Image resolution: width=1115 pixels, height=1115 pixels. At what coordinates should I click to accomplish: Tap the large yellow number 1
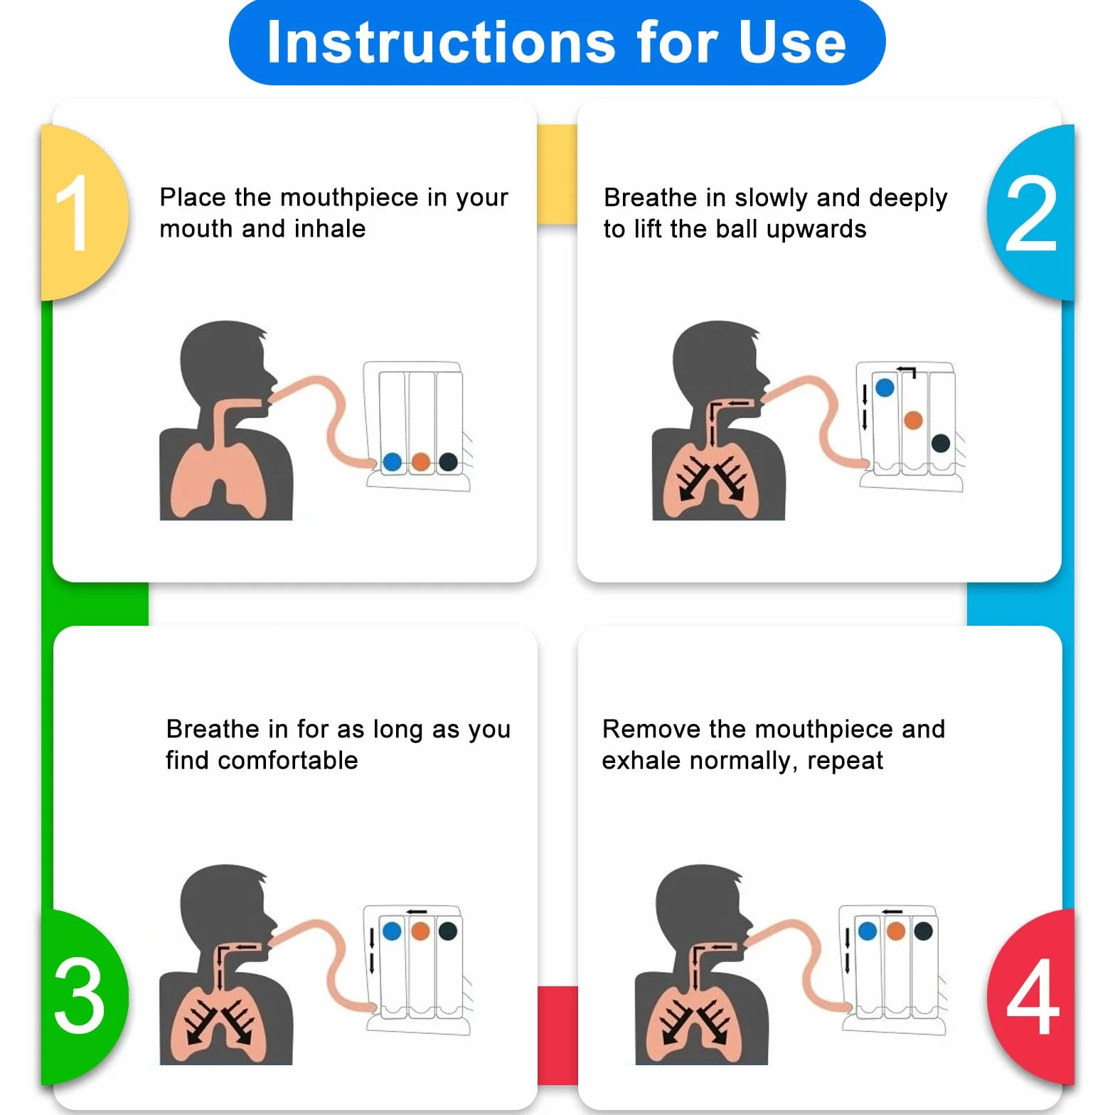(73, 213)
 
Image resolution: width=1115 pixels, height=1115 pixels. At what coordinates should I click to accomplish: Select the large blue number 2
(1031, 213)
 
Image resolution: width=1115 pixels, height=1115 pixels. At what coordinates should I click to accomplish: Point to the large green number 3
(79, 995)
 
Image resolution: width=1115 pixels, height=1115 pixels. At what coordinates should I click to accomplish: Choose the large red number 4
(1033, 995)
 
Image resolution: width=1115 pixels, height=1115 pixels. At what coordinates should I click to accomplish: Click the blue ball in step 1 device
(392, 462)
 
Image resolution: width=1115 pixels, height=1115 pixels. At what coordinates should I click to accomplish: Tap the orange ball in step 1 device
(421, 462)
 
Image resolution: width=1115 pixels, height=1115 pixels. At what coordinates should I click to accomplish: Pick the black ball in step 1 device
(448, 462)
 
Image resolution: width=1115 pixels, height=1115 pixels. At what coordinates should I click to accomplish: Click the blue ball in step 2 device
(885, 388)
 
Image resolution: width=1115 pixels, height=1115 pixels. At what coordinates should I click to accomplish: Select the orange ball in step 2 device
(913, 420)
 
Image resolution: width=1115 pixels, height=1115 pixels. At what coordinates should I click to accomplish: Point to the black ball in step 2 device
(941, 443)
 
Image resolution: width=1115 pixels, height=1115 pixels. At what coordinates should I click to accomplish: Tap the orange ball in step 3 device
(420, 931)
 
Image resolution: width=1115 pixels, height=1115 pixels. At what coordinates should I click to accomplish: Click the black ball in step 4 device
(923, 931)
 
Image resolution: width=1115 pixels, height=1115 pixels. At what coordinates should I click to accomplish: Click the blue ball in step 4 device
(868, 931)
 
